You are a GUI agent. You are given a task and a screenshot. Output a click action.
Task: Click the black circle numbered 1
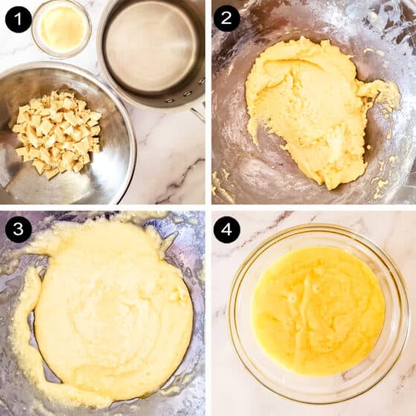click(x=19, y=19)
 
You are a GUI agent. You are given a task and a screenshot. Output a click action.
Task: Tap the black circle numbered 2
click(x=227, y=19)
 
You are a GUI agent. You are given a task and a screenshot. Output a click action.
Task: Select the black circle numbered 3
click(x=19, y=229)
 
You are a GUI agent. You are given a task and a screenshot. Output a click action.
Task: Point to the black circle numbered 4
click(x=227, y=230)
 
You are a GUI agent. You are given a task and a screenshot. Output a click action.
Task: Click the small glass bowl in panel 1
click(x=61, y=29)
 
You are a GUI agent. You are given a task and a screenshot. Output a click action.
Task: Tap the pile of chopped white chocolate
click(x=57, y=134)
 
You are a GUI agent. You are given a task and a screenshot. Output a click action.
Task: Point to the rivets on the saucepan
click(x=186, y=93)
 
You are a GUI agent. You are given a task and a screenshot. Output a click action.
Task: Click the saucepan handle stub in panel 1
click(x=198, y=114)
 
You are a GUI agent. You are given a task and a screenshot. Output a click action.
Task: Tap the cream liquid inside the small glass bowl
click(x=62, y=29)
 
